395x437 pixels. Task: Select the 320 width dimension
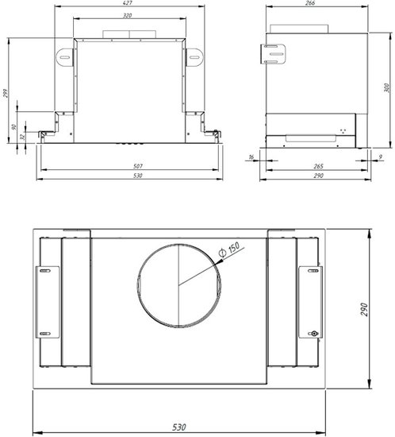[128, 16]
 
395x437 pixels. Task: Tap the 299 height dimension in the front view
[6, 93]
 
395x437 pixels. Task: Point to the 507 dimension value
[138, 166]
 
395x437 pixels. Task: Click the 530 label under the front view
[138, 176]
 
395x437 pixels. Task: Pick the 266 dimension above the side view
[310, 3]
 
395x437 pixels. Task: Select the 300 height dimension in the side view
[386, 87]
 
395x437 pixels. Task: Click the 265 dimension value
[318, 166]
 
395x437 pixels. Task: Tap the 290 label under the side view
[318, 176]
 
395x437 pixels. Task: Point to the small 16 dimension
[251, 157]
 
